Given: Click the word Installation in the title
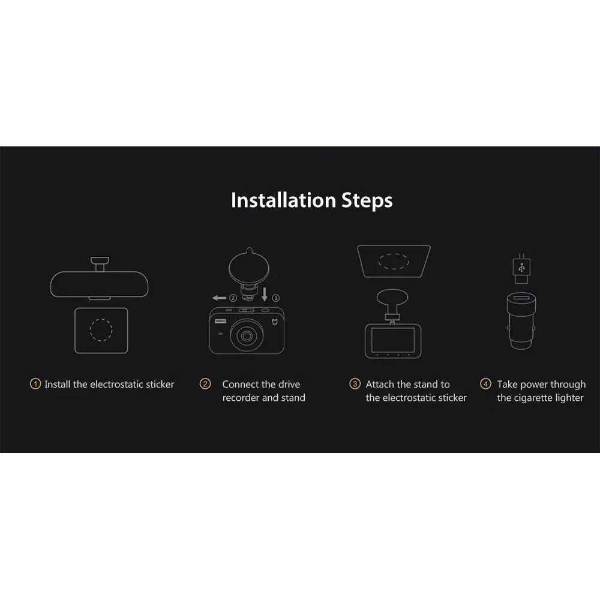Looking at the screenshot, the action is (283, 200).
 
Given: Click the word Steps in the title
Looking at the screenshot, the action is (367, 201).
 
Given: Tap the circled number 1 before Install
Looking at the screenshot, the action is (35, 384).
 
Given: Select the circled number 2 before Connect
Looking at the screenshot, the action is (205, 384).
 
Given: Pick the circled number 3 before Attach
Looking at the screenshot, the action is (355, 384).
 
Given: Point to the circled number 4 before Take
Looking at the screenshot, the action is (485, 384).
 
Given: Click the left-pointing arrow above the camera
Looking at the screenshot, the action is (220, 298).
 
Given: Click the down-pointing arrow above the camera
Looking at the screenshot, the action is (265, 294).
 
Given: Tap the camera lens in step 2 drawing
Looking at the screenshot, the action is (247, 336).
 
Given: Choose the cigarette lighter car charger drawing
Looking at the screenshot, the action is (521, 320).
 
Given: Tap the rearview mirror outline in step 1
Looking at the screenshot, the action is (100, 284).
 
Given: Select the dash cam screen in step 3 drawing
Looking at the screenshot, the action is (393, 340).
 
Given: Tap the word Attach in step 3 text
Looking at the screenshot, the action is (380, 384).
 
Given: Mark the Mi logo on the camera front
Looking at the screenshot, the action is (275, 323).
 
